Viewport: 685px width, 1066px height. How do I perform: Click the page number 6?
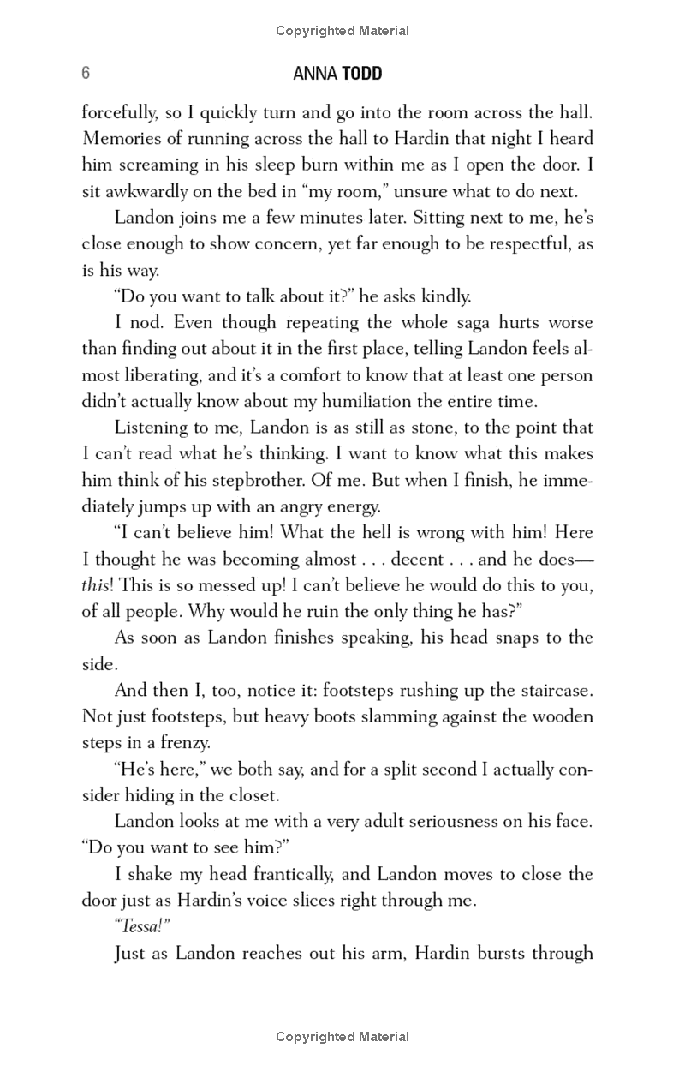(86, 74)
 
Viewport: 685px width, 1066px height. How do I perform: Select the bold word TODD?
(362, 75)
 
